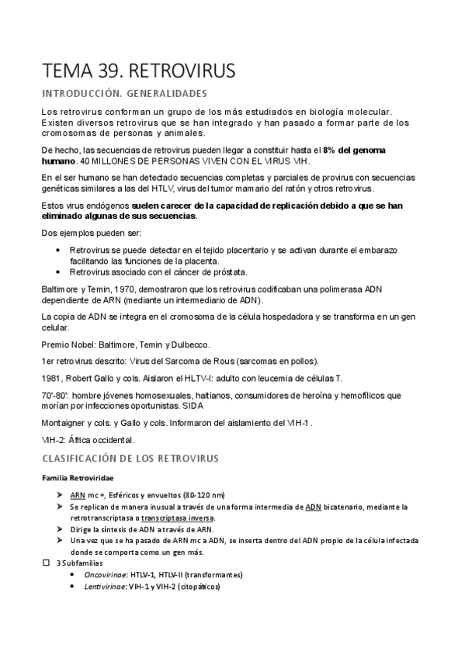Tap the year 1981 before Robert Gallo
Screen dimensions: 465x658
52,378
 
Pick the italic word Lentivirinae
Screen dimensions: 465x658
105,587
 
